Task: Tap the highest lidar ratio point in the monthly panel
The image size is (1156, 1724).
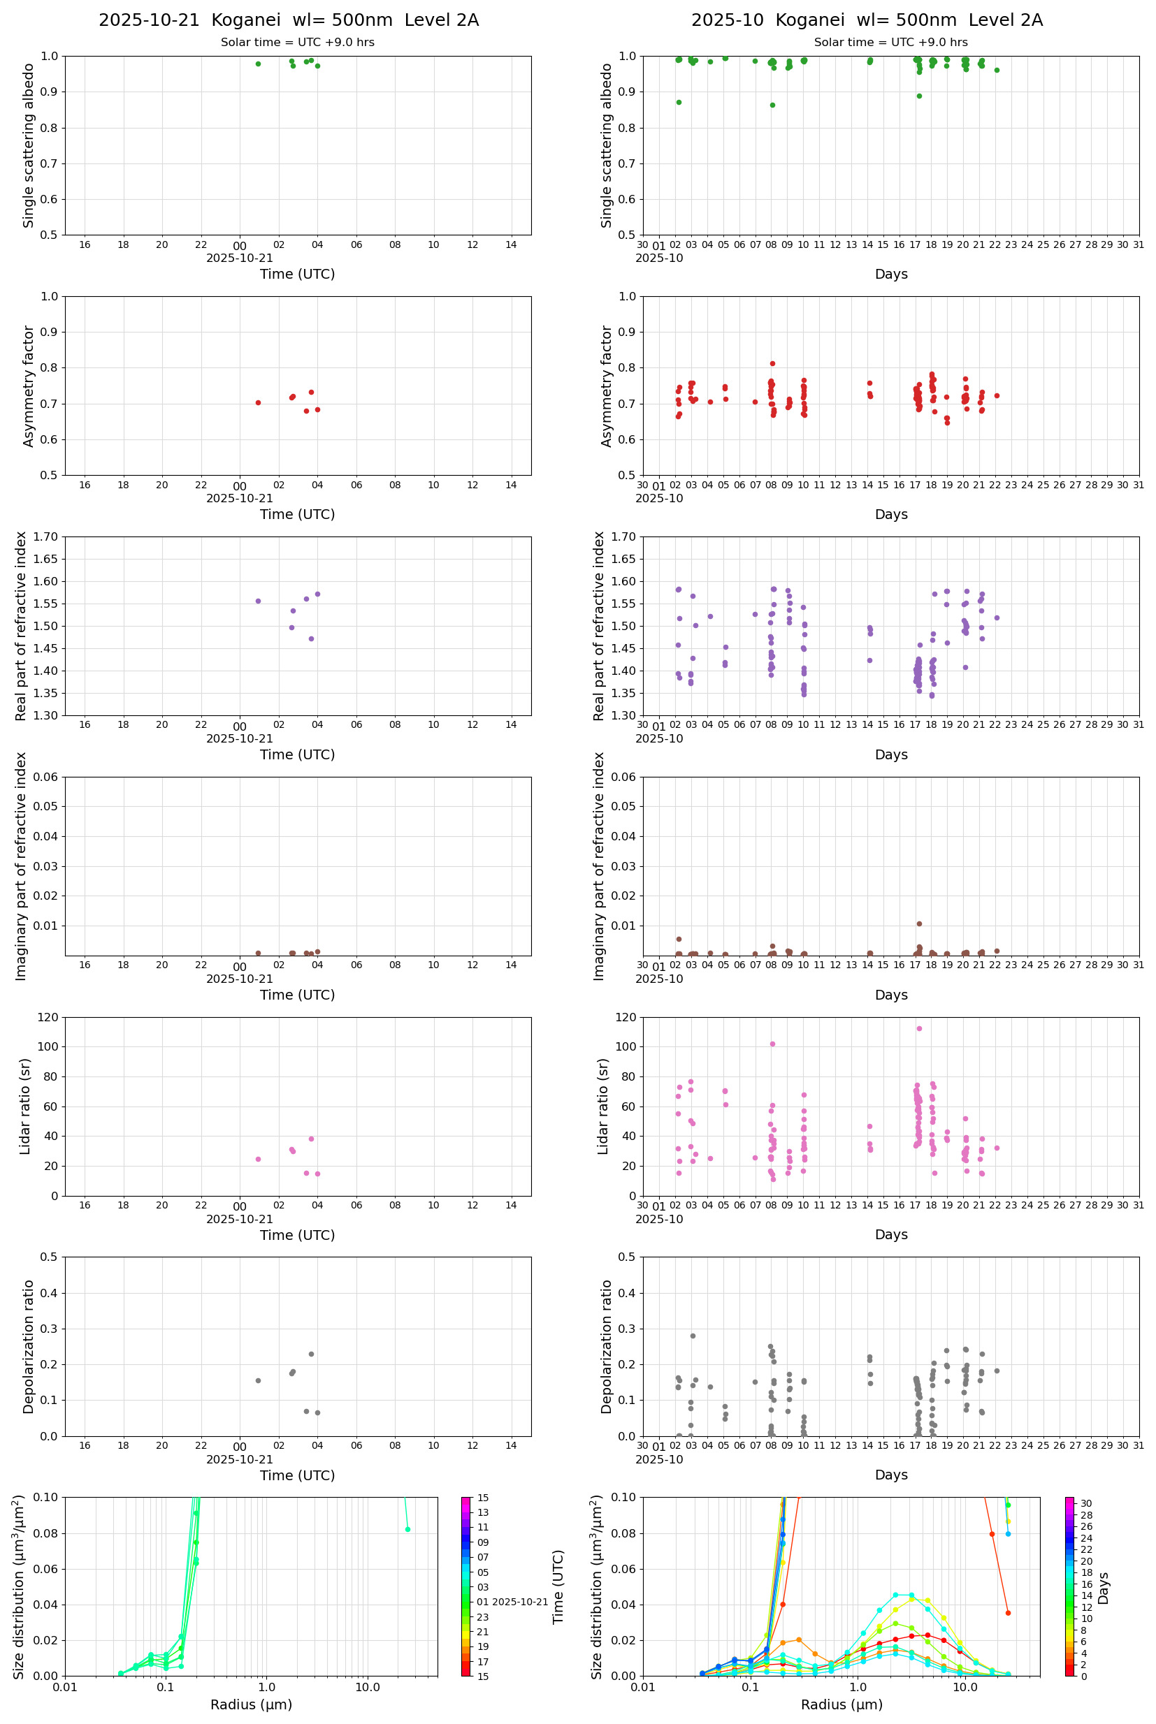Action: click(x=918, y=1028)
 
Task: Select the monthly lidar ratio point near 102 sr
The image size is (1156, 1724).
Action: click(x=772, y=1044)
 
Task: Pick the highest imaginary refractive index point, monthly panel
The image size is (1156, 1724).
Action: click(x=918, y=924)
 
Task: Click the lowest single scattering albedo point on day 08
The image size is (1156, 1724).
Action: click(x=772, y=105)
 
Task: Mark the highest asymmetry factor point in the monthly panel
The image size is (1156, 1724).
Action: click(x=772, y=363)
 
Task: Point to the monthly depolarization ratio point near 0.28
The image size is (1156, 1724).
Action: click(x=693, y=1336)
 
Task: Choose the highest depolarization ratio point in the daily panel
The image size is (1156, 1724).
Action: click(x=311, y=1354)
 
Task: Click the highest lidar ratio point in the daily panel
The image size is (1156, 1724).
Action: click(x=311, y=1139)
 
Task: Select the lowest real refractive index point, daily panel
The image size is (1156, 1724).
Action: click(x=311, y=638)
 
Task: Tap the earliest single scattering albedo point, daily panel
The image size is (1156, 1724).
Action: click(x=258, y=64)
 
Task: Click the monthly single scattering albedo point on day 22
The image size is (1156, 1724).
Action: click(x=997, y=70)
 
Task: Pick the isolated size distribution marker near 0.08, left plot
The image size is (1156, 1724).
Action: click(x=407, y=1530)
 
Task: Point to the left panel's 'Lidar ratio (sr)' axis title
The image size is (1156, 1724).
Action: click(x=26, y=1106)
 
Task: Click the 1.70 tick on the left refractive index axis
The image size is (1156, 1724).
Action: click(x=48, y=536)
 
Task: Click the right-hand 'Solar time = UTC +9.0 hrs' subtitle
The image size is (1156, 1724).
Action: click(x=890, y=43)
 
